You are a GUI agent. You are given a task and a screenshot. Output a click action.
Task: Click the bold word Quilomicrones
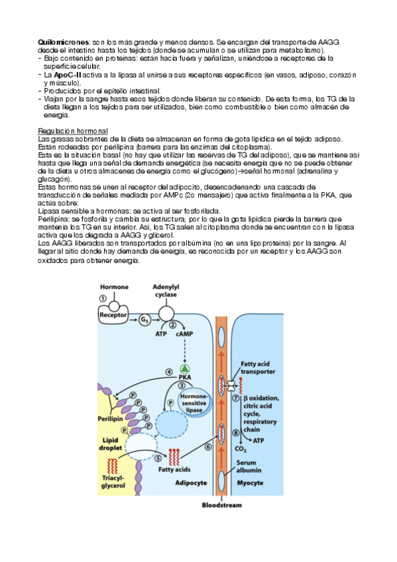coord(63,42)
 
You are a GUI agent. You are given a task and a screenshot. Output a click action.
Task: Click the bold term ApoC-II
coord(68,76)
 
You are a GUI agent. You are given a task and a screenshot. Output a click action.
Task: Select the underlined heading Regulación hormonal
coord(73,131)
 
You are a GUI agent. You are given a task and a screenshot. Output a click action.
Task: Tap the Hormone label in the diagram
coord(114,287)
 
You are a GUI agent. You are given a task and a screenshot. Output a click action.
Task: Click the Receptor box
coord(113,315)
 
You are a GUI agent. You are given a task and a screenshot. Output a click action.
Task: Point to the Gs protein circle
coord(144,319)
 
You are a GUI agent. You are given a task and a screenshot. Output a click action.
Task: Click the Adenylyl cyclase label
coord(166,291)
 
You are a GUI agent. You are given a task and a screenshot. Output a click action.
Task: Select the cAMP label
coord(184,334)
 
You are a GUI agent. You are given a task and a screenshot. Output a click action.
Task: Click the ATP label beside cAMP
coord(161,334)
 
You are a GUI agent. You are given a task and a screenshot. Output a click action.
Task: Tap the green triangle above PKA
coord(184,368)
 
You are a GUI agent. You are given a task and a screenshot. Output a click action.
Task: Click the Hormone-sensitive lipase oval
coord(194,403)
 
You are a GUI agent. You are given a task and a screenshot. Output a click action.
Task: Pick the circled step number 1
coord(103,298)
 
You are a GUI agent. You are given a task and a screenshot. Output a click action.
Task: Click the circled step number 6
coord(208,447)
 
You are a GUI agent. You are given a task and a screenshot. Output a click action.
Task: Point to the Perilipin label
coord(110,419)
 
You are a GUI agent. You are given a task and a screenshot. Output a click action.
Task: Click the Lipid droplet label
coord(111,444)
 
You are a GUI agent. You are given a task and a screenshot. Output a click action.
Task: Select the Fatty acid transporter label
coord(258,368)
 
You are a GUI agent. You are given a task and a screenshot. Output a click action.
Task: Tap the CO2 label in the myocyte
coord(241,449)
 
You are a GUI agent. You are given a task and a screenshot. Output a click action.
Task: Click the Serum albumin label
coord(249,467)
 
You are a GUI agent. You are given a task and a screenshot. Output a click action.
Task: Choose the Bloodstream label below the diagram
coord(222,505)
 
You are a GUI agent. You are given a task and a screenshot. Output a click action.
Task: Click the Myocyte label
coord(250,482)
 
